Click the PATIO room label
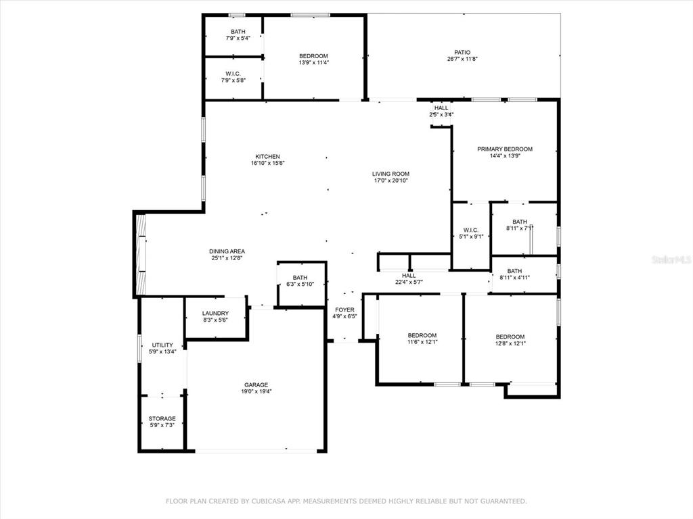(x=462, y=52)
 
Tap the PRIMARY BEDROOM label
(x=505, y=149)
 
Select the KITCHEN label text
(x=267, y=157)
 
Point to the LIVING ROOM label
(x=390, y=174)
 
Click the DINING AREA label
(x=227, y=251)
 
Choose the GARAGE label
(x=256, y=385)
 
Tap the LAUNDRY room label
(x=216, y=314)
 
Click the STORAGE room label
(x=162, y=418)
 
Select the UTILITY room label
(x=162, y=345)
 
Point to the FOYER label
(x=344, y=310)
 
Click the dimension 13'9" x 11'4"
(x=314, y=63)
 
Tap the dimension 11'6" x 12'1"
(x=422, y=341)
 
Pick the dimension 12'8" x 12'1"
(x=510, y=343)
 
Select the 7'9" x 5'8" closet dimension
(x=233, y=80)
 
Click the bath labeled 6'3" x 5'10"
(x=300, y=285)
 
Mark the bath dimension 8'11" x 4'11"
(x=514, y=278)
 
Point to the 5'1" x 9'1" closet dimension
(x=471, y=237)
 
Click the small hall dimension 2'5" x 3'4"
(x=441, y=115)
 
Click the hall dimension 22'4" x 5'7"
(x=409, y=282)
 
